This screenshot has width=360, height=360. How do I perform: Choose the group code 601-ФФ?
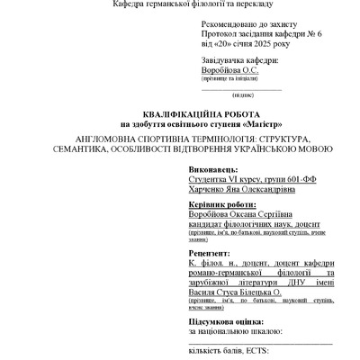[274, 180]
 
